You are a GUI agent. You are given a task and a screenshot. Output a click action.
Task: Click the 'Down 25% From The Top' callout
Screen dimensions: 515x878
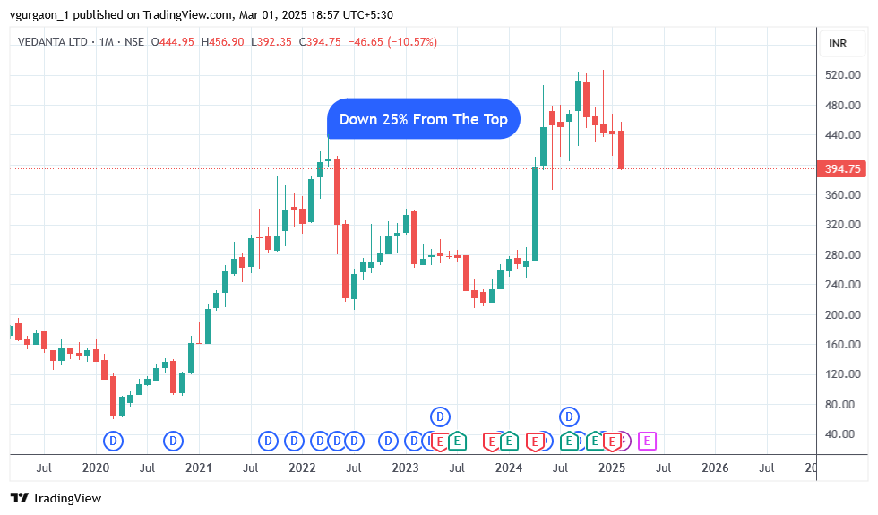pyautogui.click(x=423, y=119)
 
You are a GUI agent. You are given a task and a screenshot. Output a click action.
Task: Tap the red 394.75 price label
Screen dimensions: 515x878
pyautogui.click(x=842, y=168)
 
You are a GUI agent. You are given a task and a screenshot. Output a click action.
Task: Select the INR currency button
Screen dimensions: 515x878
pyautogui.click(x=838, y=44)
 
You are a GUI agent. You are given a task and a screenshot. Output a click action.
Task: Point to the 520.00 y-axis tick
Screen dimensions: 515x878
pyautogui.click(x=842, y=75)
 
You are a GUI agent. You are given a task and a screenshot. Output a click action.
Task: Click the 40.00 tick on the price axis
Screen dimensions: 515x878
pyautogui.click(x=842, y=434)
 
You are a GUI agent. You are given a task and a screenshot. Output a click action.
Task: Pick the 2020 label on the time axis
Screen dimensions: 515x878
pyautogui.click(x=95, y=468)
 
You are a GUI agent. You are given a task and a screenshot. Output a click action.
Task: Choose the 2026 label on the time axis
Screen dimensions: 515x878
pyautogui.click(x=714, y=468)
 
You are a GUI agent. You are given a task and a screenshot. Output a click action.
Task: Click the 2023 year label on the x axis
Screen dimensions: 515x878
pyautogui.click(x=405, y=468)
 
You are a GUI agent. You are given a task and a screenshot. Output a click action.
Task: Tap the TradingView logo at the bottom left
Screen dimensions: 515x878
pyautogui.click(x=56, y=498)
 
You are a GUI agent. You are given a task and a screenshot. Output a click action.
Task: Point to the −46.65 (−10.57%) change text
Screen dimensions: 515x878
pyautogui.click(x=393, y=42)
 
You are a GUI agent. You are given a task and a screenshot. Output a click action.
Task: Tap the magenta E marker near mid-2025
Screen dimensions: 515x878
pyautogui.click(x=647, y=440)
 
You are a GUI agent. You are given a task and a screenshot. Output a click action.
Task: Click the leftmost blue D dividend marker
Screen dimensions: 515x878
pyautogui.click(x=113, y=440)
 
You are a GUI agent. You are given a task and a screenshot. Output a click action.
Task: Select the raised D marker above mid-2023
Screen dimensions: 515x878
pyautogui.click(x=439, y=416)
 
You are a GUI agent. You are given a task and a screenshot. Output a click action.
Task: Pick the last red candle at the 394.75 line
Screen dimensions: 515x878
pyautogui.click(x=621, y=150)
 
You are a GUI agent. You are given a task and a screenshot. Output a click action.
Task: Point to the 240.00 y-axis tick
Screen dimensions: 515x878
pyautogui.click(x=842, y=285)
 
